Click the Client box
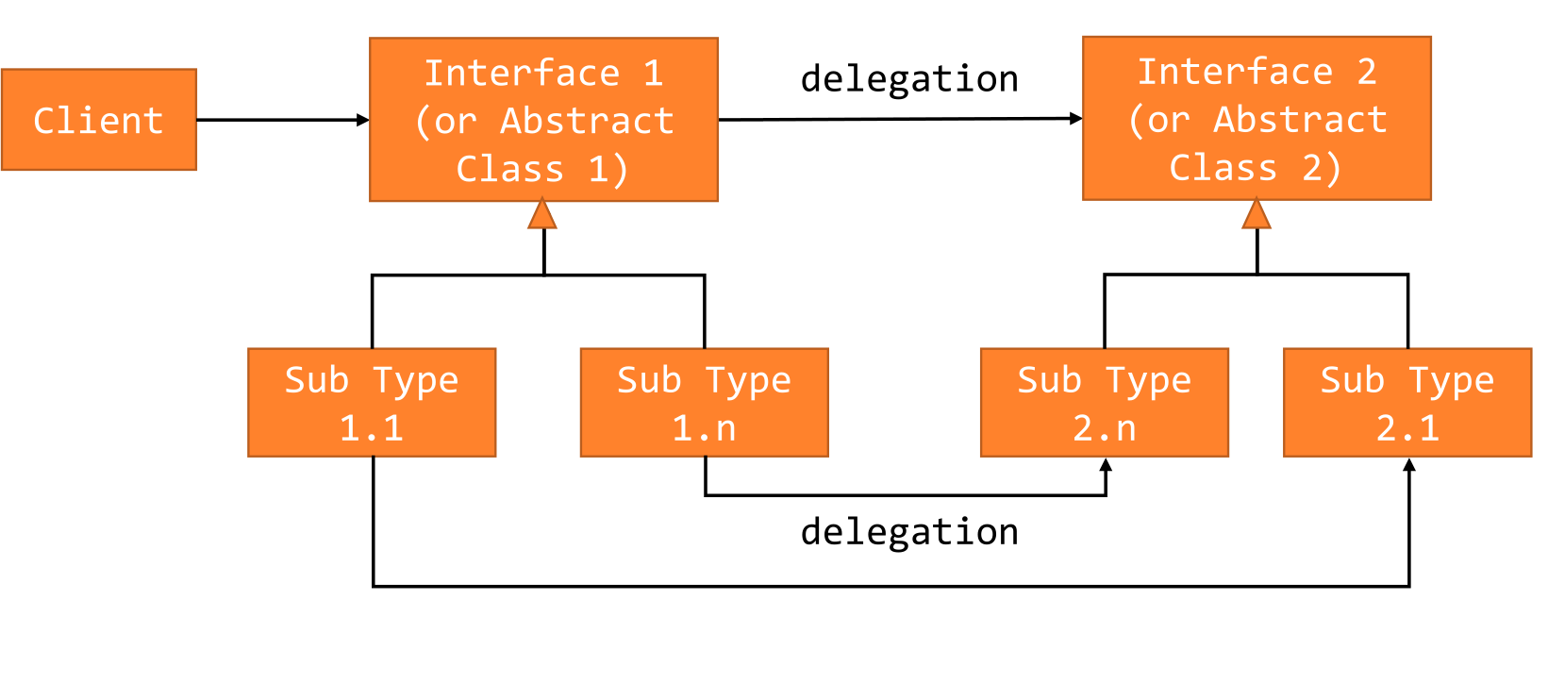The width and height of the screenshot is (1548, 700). (x=99, y=120)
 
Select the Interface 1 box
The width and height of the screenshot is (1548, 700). (x=543, y=120)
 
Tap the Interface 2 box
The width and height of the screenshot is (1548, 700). (x=1257, y=118)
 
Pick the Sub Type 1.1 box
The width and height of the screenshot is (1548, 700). (x=372, y=403)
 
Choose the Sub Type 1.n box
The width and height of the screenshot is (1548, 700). (x=704, y=403)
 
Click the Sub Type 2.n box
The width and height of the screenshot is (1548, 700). (x=1104, y=403)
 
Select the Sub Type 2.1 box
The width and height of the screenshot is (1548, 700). (x=1407, y=403)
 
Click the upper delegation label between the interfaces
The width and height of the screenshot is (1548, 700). (x=909, y=78)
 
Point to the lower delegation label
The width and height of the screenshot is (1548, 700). (x=909, y=532)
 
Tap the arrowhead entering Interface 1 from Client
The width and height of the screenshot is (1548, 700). (x=363, y=120)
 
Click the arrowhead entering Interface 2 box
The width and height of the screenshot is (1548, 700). (x=1076, y=118)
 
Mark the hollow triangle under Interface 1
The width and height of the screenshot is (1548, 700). (x=542, y=214)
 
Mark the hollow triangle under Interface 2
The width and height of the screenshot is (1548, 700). (x=1257, y=213)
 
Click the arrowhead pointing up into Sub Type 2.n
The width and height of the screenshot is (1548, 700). (x=1106, y=465)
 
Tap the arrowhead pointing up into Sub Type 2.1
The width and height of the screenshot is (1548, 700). (x=1409, y=465)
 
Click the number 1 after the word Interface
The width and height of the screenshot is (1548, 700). (x=653, y=74)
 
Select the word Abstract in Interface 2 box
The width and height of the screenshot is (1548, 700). (x=1300, y=120)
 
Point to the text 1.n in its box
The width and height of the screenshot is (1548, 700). (x=704, y=429)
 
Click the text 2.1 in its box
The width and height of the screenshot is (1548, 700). (x=1407, y=429)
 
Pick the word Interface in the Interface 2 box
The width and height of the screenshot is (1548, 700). (x=1235, y=72)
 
